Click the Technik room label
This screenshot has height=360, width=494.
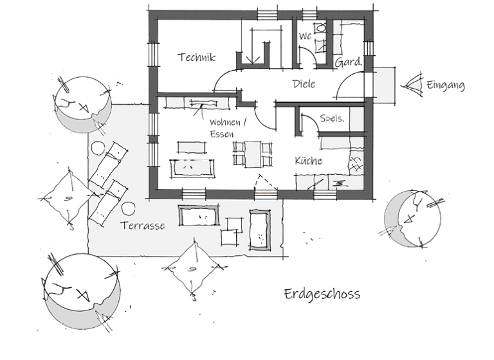(x=197, y=57)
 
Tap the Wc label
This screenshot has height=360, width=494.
(x=305, y=37)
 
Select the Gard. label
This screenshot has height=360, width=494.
(x=348, y=62)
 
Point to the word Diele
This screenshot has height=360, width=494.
(x=304, y=84)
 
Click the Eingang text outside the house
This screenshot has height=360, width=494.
(x=444, y=84)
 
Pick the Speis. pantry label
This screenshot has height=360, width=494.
(x=333, y=118)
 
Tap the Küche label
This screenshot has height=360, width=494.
(x=309, y=161)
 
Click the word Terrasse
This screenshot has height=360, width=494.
(x=143, y=226)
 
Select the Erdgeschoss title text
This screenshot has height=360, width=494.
(x=322, y=294)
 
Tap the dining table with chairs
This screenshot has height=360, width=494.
(x=253, y=154)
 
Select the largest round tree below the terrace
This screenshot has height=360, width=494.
(x=81, y=290)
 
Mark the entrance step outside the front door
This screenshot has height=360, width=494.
(x=385, y=84)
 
